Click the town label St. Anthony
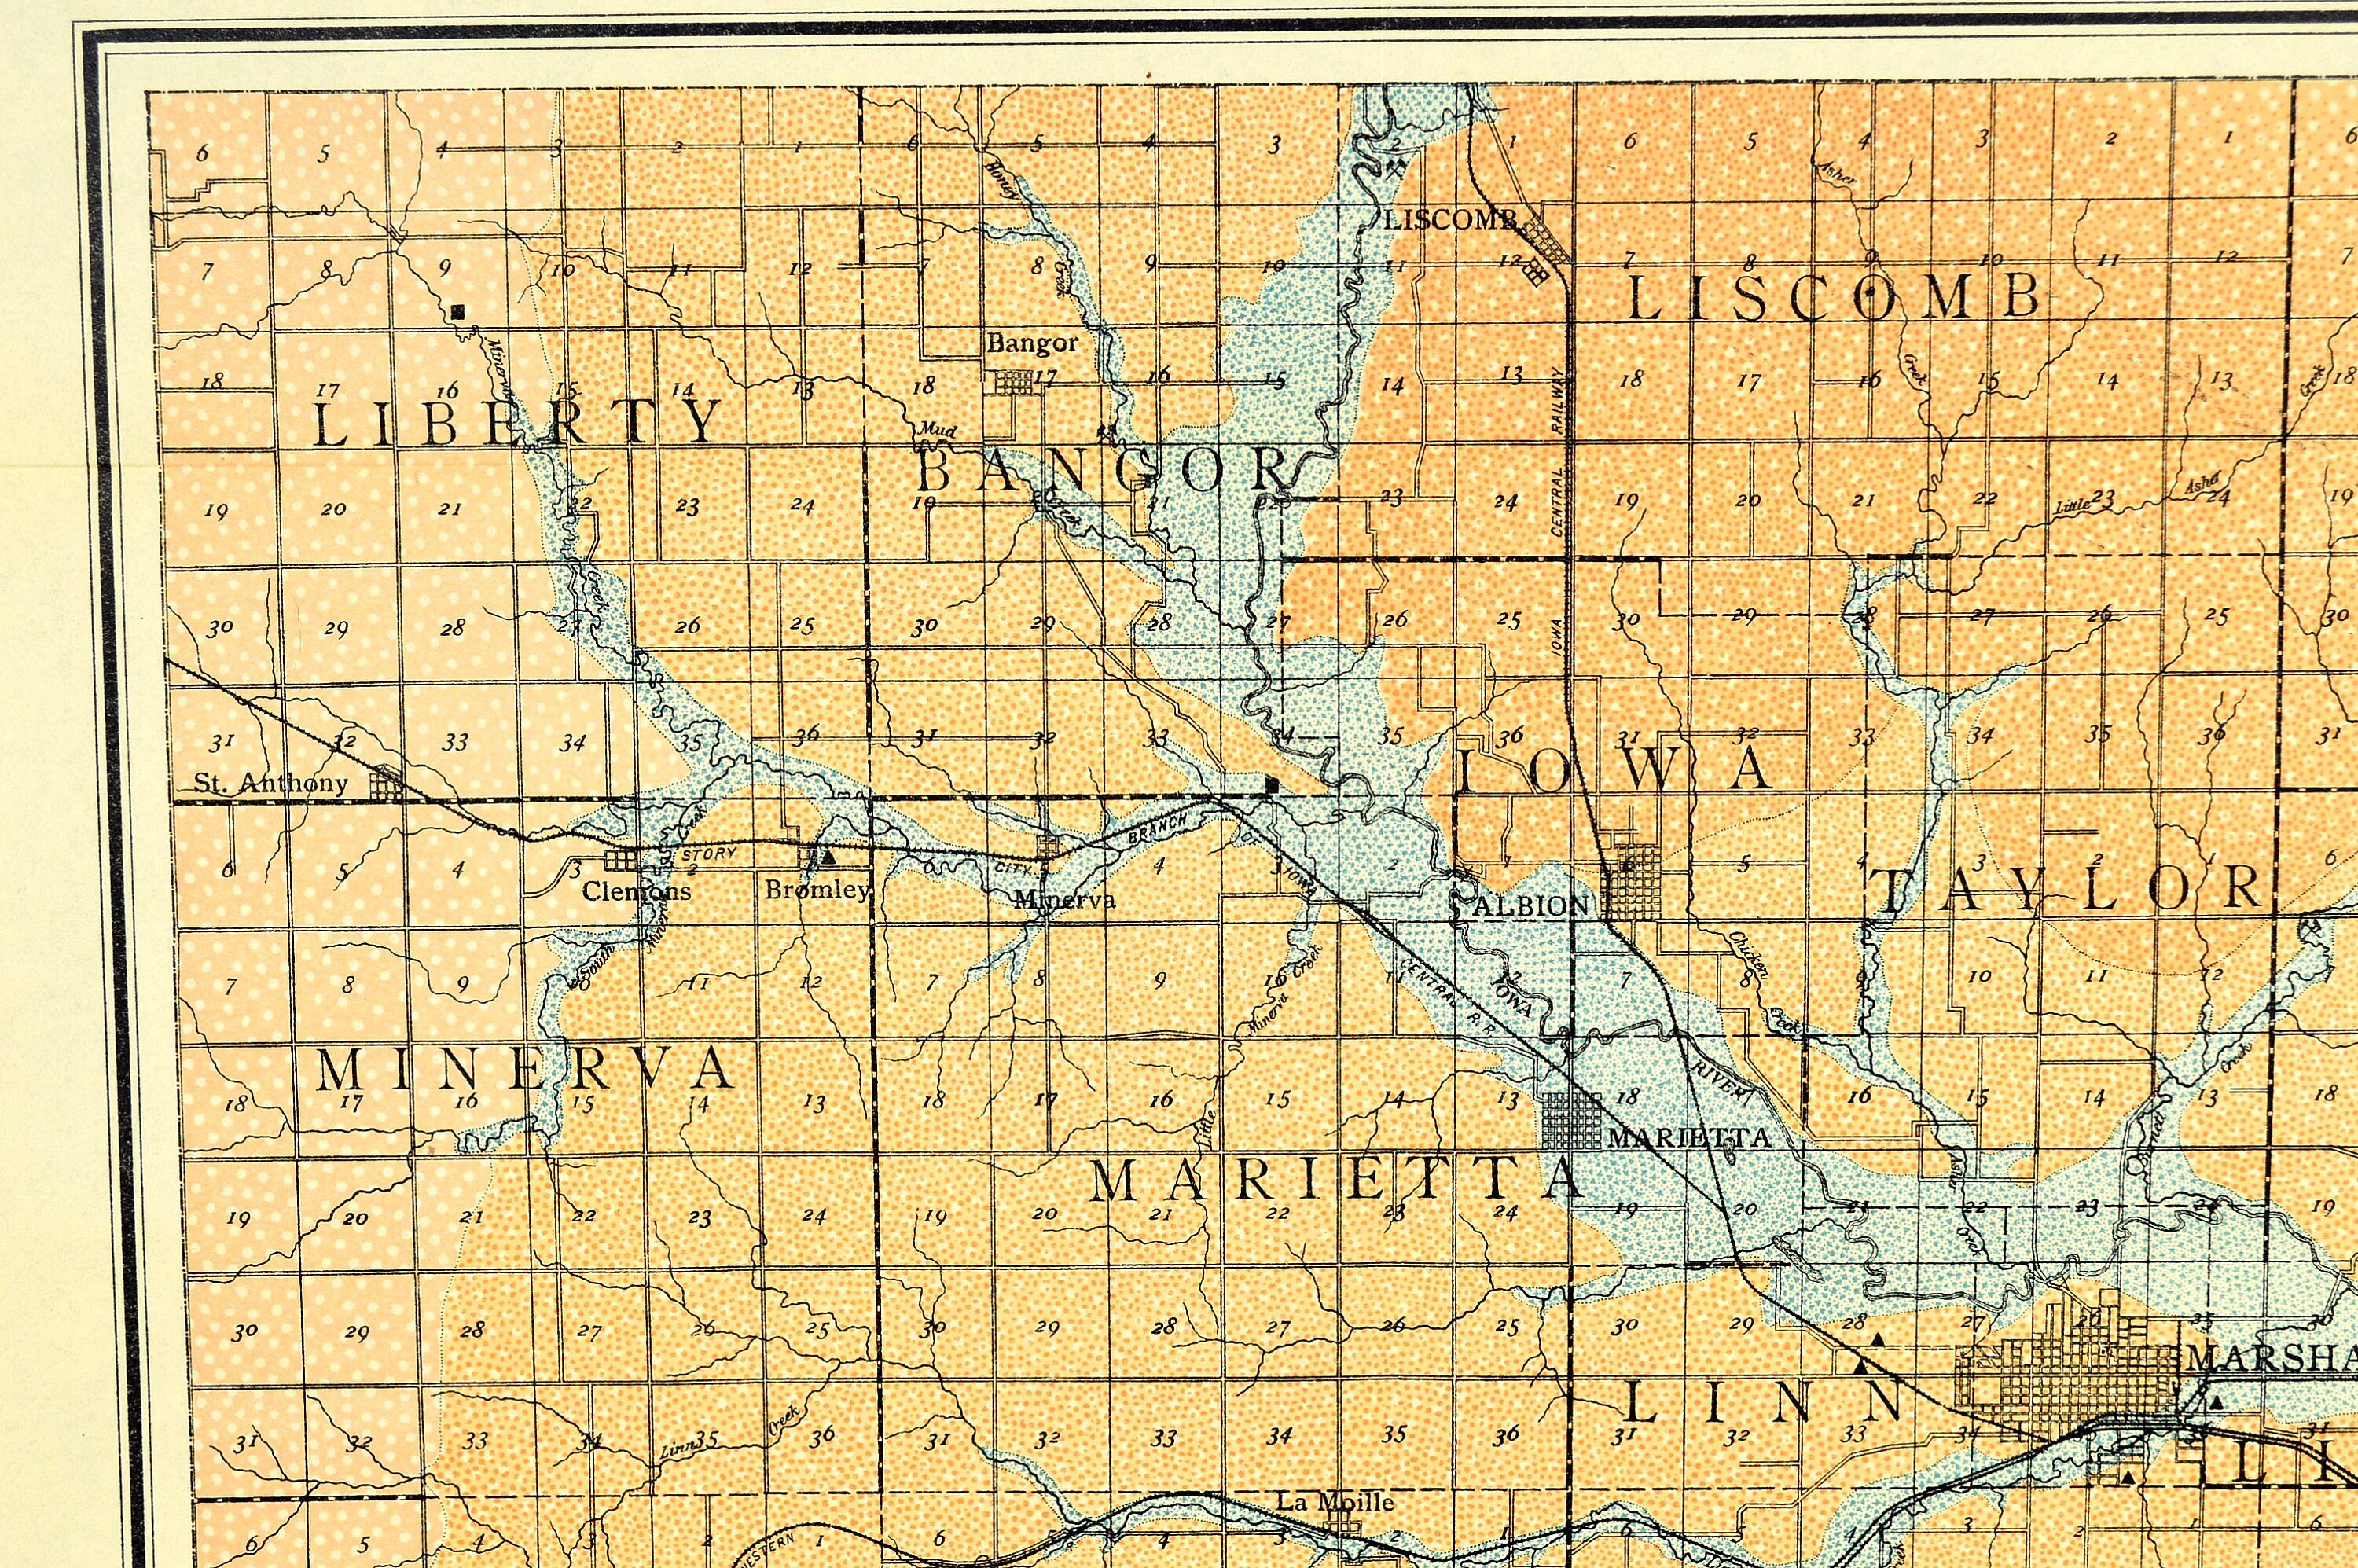[x=270, y=783]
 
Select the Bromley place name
[x=817, y=889]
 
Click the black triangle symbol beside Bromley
[x=827, y=857]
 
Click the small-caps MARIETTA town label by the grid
[x=1688, y=1138]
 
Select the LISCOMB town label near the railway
[x=1452, y=220]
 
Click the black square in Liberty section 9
[x=458, y=312]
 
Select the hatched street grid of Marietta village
[x=1571, y=1121]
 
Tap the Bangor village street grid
[x=1012, y=383]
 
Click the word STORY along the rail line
[x=708, y=854]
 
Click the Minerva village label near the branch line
[x=1064, y=899]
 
